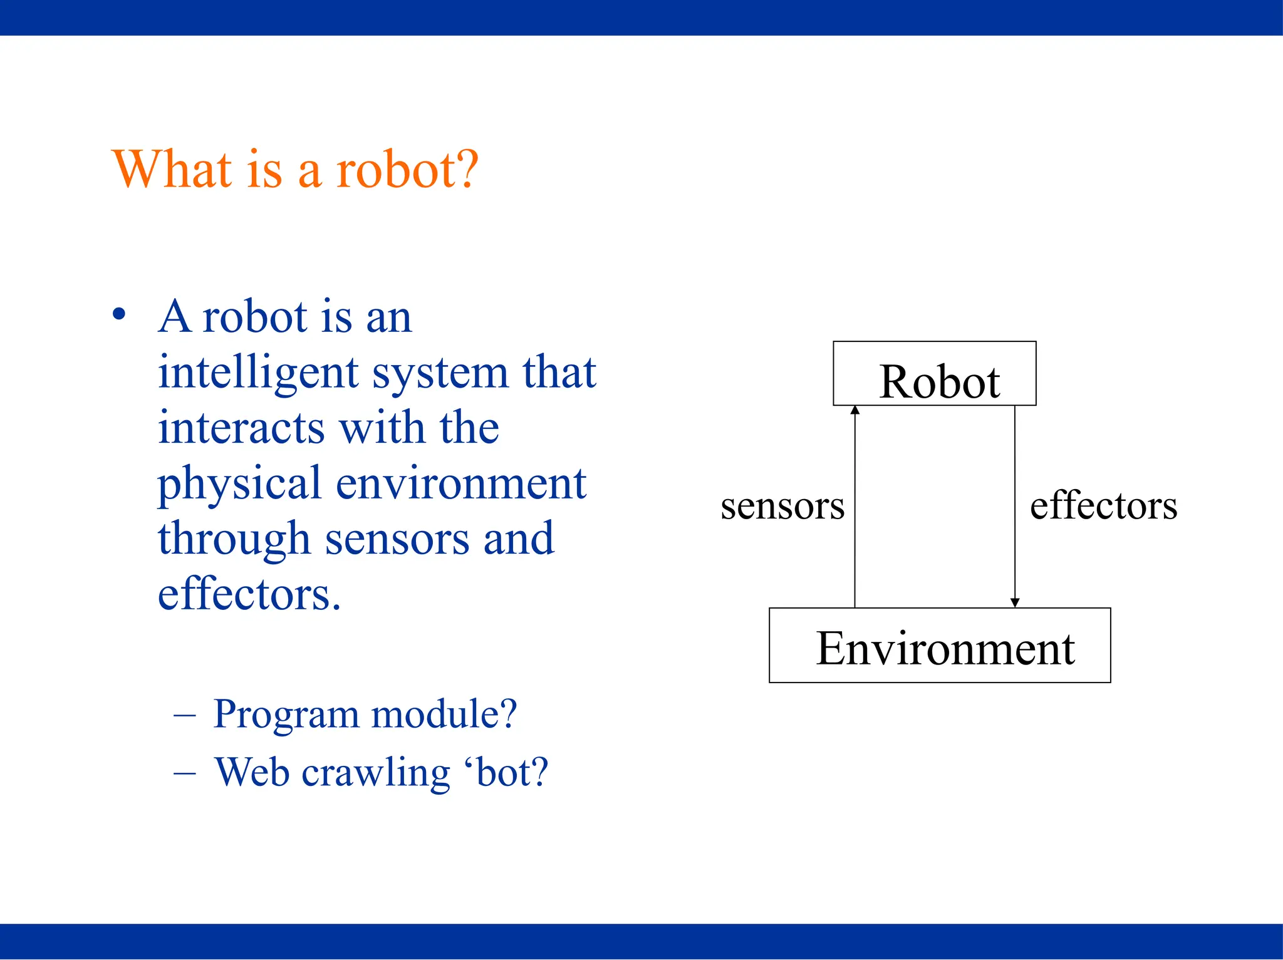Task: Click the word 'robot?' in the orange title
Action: pyautogui.click(x=407, y=170)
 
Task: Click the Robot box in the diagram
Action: pyautogui.click(x=934, y=374)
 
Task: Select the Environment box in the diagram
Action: pyautogui.click(x=940, y=645)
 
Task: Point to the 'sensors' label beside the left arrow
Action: pyautogui.click(x=782, y=506)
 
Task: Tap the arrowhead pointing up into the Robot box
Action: pyautogui.click(x=855, y=410)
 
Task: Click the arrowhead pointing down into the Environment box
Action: pyautogui.click(x=1015, y=602)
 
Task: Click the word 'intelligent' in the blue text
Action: pyautogui.click(x=257, y=373)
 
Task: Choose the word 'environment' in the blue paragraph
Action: pyautogui.click(x=461, y=483)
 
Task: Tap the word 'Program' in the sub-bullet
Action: pyautogui.click(x=286, y=715)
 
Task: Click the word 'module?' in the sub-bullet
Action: pyautogui.click(x=444, y=714)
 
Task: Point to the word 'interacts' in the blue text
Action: pyautogui.click(x=241, y=428)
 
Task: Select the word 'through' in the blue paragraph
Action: pyautogui.click(x=234, y=540)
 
